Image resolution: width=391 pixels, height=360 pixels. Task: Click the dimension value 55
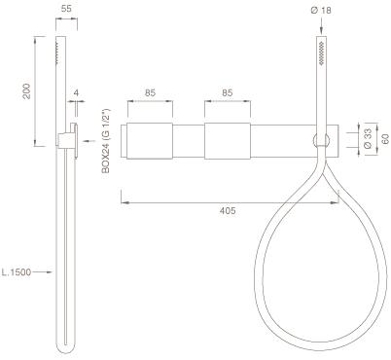pyautogui.click(x=65, y=7)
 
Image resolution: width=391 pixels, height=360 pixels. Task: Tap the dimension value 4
pyautogui.click(x=78, y=94)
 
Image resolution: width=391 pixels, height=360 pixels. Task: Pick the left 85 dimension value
pyautogui.click(x=149, y=94)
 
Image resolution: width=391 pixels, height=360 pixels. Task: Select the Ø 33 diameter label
pyautogui.click(x=367, y=137)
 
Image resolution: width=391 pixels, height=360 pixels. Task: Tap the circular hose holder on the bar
pyautogui.click(x=318, y=141)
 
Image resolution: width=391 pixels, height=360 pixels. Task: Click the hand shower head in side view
pyautogui.click(x=65, y=58)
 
